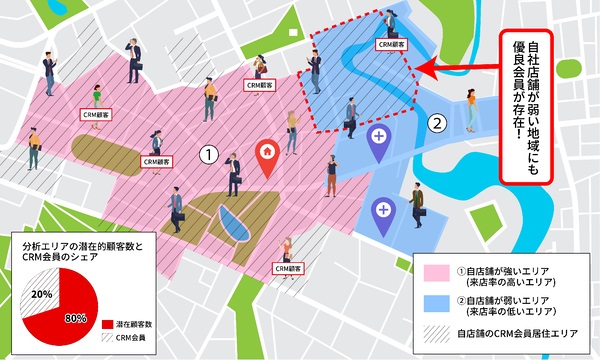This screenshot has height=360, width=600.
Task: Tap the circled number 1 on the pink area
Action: [207, 155]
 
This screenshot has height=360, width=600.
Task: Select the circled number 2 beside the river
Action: [435, 124]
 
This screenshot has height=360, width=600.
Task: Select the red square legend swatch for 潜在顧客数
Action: [108, 324]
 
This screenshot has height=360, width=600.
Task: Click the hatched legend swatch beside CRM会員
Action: [108, 339]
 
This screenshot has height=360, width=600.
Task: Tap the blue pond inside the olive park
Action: [230, 224]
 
